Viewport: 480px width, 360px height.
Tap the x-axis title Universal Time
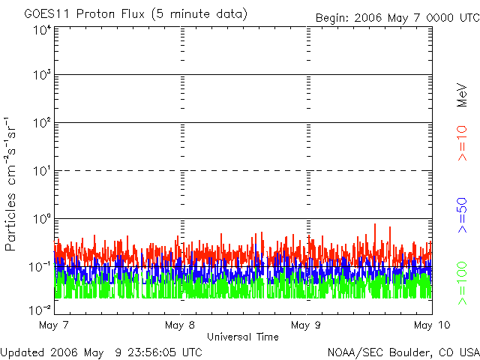242,337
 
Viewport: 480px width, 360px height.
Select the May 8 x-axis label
180,325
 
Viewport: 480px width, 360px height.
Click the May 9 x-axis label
306,325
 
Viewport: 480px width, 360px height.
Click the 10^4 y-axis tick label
40,29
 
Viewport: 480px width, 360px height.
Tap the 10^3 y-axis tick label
40,76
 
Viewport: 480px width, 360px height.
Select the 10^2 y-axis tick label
40,124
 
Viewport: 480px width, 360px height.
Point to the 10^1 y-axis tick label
40,172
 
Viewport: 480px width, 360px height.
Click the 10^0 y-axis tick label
40,220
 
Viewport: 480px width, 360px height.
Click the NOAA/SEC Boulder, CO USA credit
403,352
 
